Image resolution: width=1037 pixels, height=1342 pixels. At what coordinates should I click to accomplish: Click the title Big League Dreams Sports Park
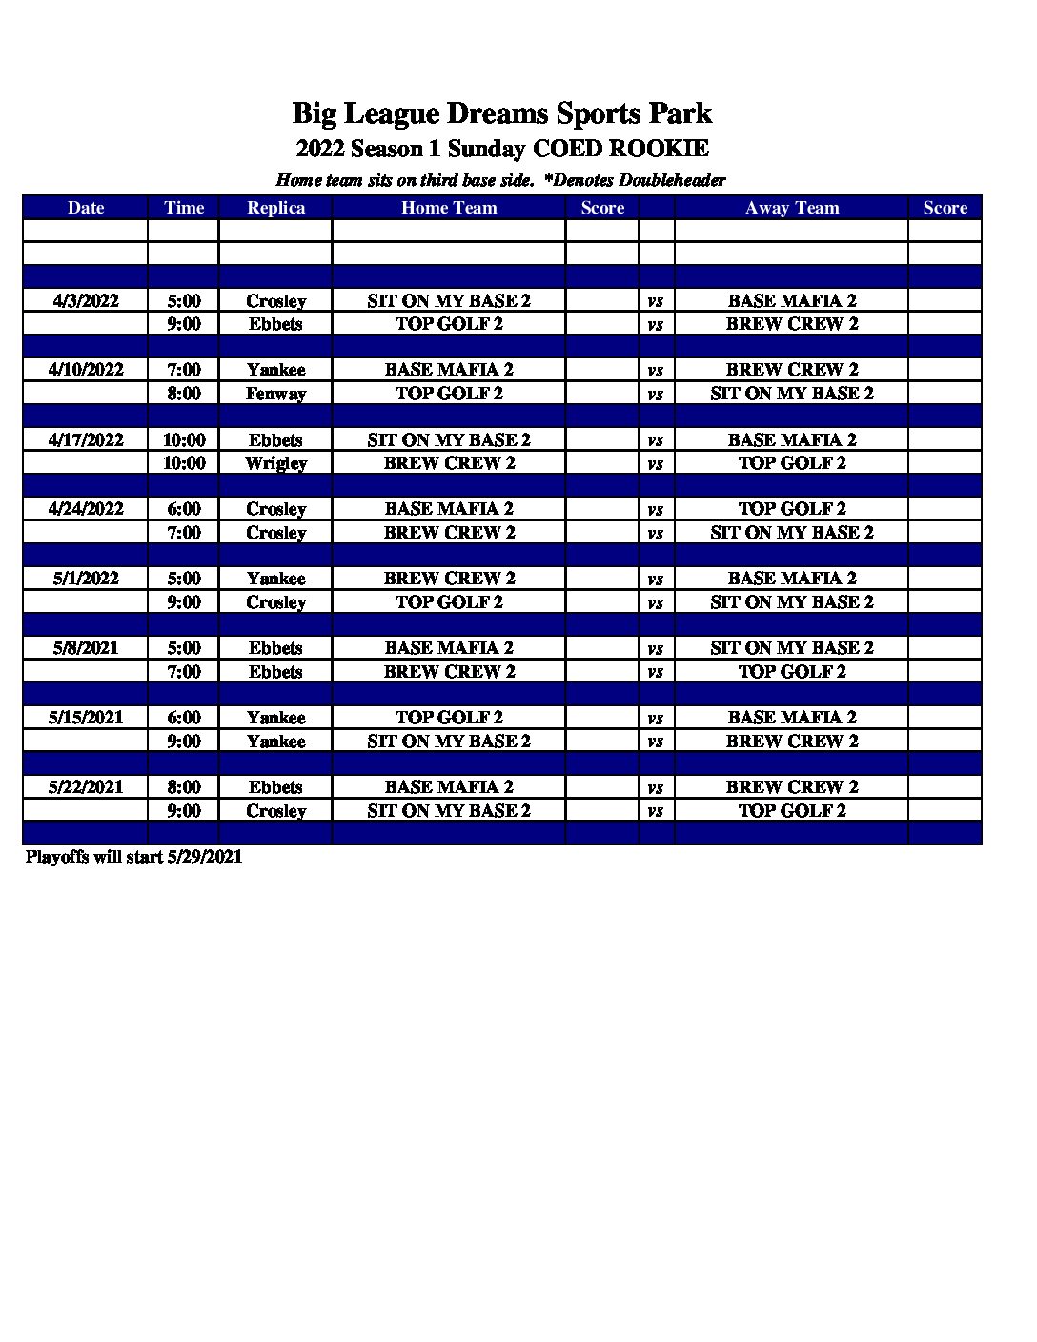pyautogui.click(x=501, y=113)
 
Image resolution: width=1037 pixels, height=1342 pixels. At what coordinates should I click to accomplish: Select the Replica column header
pyautogui.click(x=275, y=208)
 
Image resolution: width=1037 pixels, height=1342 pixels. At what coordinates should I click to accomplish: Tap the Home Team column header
pyautogui.click(x=449, y=208)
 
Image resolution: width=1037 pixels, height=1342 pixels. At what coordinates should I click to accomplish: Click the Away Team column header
pyautogui.click(x=792, y=208)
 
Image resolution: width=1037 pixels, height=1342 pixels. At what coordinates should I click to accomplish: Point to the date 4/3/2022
pyautogui.click(x=86, y=301)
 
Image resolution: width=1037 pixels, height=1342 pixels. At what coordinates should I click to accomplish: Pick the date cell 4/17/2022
pyautogui.click(x=86, y=440)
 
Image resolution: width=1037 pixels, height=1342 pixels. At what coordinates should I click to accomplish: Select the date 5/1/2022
pyautogui.click(x=86, y=579)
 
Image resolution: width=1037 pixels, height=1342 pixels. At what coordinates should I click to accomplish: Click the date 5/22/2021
pyautogui.click(x=86, y=787)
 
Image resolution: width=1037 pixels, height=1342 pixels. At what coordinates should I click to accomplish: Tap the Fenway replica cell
pyautogui.click(x=275, y=394)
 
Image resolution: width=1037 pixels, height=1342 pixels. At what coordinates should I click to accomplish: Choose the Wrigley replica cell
pyautogui.click(x=275, y=463)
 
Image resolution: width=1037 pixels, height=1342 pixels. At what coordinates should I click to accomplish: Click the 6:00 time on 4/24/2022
pyautogui.click(x=184, y=509)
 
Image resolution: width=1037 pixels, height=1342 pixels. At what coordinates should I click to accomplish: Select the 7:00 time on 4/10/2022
pyautogui.click(x=184, y=370)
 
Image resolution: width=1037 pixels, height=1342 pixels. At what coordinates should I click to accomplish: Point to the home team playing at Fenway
pyautogui.click(x=449, y=394)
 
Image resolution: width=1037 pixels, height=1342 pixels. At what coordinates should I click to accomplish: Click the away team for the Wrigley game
pyautogui.click(x=792, y=463)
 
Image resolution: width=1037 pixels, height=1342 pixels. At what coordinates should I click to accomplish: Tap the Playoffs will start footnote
pyautogui.click(x=133, y=857)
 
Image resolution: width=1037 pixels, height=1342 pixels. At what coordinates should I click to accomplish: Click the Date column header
pyautogui.click(x=86, y=208)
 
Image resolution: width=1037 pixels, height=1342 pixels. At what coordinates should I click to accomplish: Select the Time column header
pyautogui.click(x=184, y=208)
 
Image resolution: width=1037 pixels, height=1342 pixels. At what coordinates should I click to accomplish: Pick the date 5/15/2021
pyautogui.click(x=86, y=718)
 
